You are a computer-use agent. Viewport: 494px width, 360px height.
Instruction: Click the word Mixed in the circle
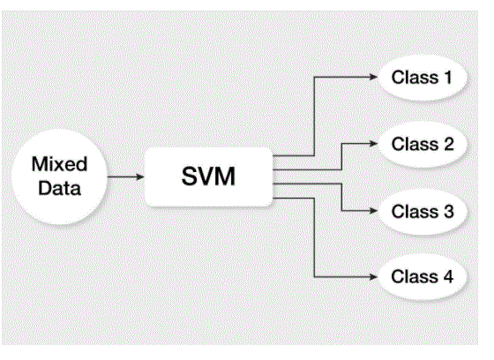point(60,164)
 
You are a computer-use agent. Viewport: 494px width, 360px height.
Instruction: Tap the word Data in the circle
point(60,188)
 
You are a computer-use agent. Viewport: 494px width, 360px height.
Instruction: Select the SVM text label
point(208,176)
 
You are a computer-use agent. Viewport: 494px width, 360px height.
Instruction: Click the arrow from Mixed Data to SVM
point(125,176)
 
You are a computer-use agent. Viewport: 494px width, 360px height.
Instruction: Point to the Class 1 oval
point(422,78)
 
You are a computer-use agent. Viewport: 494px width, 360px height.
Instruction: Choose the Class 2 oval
point(422,144)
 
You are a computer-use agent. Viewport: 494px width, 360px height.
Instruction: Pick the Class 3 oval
point(422,211)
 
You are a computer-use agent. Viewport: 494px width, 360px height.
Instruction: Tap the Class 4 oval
point(422,277)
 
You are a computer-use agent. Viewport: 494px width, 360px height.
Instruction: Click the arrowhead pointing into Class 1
point(373,77)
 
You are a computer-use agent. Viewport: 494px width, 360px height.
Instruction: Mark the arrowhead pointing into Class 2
point(373,144)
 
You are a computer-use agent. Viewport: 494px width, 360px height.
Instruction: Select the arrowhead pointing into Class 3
point(373,211)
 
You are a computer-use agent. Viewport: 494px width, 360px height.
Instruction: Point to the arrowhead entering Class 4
point(373,277)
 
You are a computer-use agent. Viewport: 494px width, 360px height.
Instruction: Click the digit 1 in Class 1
point(447,78)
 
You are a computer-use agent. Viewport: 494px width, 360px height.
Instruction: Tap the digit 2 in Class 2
point(449,144)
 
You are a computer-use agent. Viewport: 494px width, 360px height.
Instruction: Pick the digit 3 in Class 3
point(449,211)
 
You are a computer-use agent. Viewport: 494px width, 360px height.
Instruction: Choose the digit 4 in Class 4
point(448,276)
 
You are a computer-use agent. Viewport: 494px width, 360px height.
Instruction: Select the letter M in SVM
point(225,176)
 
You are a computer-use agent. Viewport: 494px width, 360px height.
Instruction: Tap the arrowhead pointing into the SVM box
point(140,176)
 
